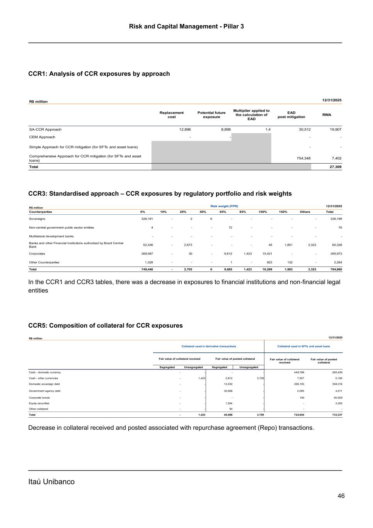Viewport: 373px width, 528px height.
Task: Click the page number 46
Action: (341, 496)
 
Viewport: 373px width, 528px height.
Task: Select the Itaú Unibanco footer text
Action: (51, 482)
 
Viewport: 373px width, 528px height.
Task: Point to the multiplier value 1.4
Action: (268, 130)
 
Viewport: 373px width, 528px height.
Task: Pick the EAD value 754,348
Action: (303, 158)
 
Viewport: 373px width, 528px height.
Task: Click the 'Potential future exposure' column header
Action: (211, 115)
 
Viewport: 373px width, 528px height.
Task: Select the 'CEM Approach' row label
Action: (42, 137)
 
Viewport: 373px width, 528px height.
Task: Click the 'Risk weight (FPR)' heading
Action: (224, 206)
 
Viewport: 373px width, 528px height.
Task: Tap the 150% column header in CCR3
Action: (283, 212)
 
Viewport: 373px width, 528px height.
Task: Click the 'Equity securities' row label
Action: (39, 403)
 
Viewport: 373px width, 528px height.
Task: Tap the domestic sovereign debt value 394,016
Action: (335, 384)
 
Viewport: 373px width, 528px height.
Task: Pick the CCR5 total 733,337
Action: (335, 415)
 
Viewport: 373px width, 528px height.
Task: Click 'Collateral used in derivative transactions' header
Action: (209, 346)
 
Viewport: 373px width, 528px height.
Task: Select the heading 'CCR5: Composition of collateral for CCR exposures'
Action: (106, 326)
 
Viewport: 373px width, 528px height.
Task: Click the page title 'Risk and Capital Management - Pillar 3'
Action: (186, 26)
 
